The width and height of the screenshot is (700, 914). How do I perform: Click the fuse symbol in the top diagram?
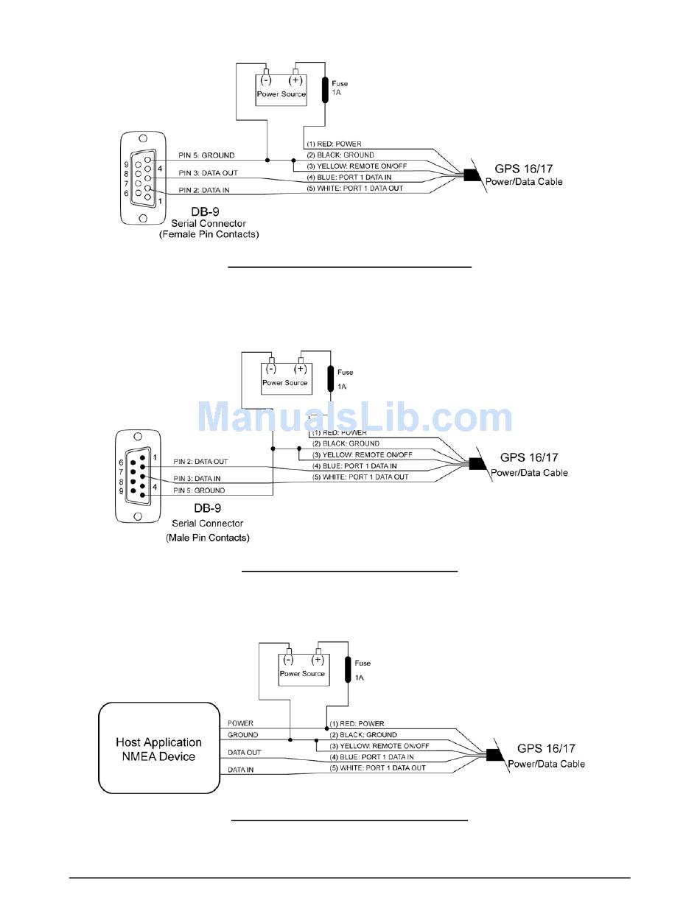326,89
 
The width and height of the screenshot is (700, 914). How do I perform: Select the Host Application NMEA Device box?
159,749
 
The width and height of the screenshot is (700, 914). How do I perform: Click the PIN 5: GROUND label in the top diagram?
206,155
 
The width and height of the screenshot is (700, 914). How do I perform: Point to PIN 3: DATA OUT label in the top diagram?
209,173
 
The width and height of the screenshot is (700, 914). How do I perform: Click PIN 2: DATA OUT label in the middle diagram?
200,462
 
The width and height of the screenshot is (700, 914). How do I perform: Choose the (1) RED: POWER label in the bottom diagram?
357,724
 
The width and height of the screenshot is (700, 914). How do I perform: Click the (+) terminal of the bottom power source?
318,661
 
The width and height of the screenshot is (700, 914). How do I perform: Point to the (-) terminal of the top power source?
267,81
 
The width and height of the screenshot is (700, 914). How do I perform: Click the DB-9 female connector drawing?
142,179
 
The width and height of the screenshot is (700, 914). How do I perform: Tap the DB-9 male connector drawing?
137,476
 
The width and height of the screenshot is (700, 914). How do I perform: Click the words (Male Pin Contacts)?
208,538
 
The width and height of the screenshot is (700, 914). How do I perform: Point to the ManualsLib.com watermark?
355,418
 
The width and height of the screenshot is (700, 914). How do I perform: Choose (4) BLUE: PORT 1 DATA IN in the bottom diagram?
371,757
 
